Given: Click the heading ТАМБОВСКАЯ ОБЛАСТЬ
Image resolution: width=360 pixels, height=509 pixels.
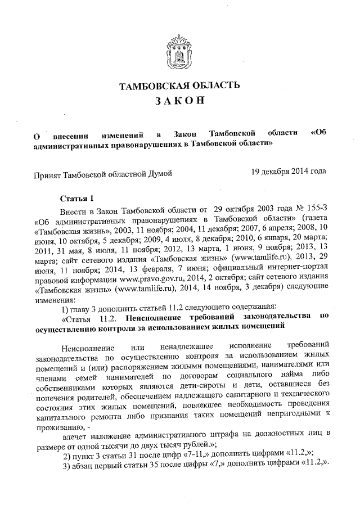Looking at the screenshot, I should coord(179,85).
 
